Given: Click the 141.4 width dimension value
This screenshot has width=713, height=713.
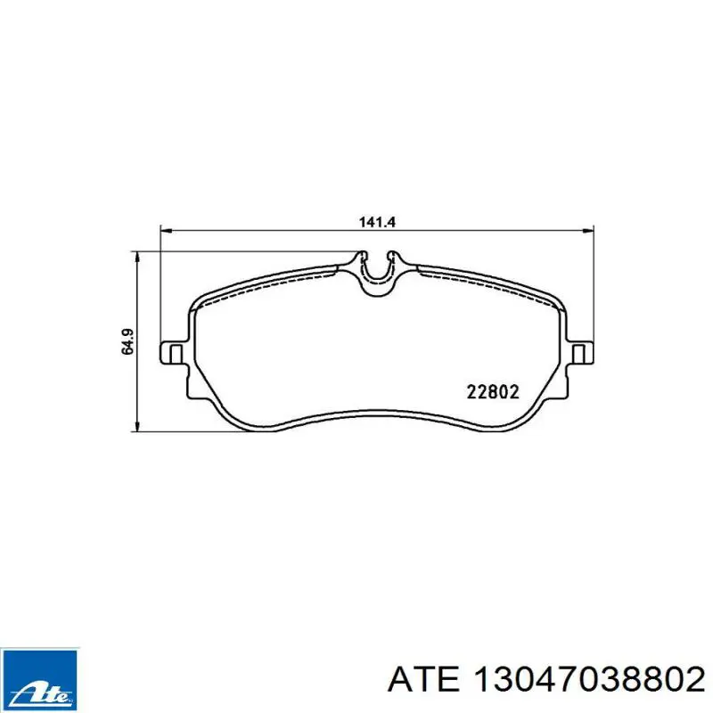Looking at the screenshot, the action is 377,222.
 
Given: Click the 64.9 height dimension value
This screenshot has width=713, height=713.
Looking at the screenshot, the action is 128,341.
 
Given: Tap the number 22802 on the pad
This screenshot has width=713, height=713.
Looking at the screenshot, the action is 493,391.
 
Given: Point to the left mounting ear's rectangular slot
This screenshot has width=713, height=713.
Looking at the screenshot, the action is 176,354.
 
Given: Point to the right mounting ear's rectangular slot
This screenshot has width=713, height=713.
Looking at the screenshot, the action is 578,354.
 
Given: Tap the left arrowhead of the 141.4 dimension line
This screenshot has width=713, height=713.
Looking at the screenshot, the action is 166,232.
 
